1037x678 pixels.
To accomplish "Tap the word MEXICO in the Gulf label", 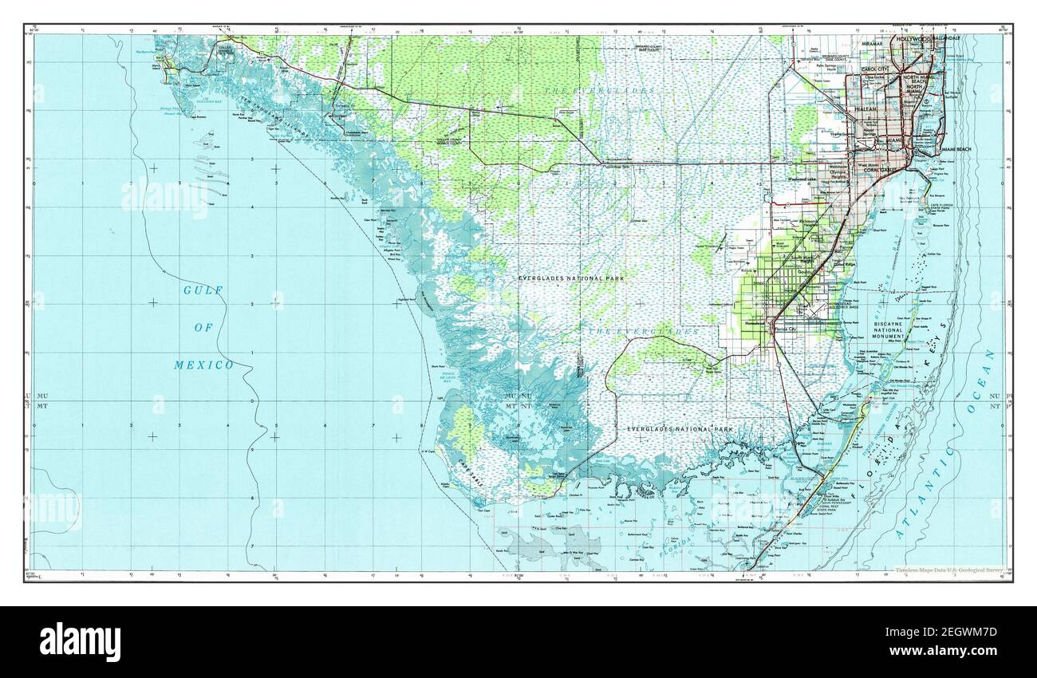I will tap(203, 365).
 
